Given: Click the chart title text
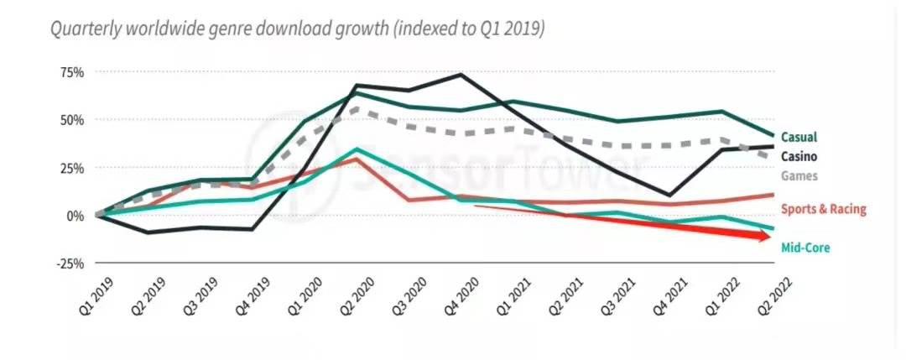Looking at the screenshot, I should click(297, 29).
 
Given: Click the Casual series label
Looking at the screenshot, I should click(799, 137).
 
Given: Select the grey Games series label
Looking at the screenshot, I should click(798, 176).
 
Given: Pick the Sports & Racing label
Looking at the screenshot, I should click(823, 210).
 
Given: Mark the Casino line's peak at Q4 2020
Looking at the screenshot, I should click(461, 75).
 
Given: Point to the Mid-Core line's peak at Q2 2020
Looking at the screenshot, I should click(357, 149).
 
